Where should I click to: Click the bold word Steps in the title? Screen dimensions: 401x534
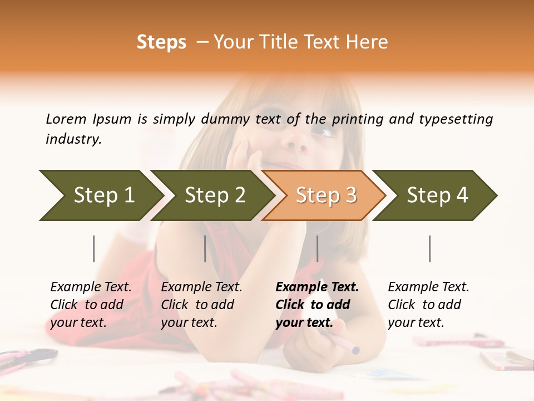(161, 42)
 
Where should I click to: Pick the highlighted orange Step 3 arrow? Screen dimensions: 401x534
(325, 195)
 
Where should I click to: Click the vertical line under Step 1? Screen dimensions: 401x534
(94, 248)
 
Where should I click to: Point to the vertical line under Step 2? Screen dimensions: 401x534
(205, 248)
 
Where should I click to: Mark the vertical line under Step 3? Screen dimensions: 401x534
(318, 248)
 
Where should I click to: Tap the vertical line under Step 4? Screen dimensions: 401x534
(430, 248)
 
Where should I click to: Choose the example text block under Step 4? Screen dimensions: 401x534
(428, 305)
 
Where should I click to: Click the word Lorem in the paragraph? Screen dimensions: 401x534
(66, 119)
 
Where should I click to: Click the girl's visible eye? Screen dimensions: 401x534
(323, 132)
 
